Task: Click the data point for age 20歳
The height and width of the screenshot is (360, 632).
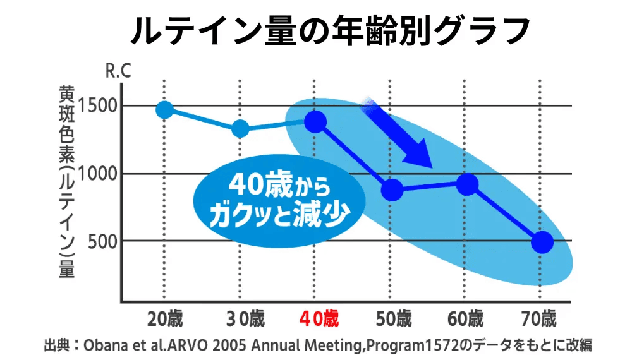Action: click(164, 110)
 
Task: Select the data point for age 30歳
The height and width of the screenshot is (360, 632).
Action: click(240, 129)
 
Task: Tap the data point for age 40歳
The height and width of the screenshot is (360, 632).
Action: click(315, 122)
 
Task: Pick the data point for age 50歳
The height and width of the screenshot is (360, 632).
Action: click(392, 189)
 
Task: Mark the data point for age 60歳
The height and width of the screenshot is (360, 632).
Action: click(467, 184)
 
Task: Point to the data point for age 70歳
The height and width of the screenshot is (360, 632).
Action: click(542, 241)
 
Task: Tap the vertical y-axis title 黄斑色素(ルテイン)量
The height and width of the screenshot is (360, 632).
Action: click(66, 181)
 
